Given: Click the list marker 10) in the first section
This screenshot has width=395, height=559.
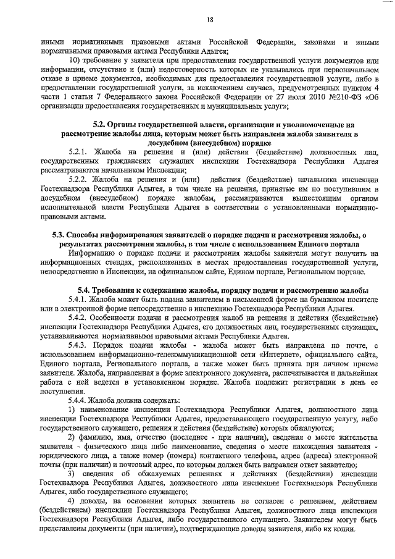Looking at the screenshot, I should tap(74, 59).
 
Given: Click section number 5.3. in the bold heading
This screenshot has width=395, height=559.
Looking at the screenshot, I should tap(61, 235).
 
